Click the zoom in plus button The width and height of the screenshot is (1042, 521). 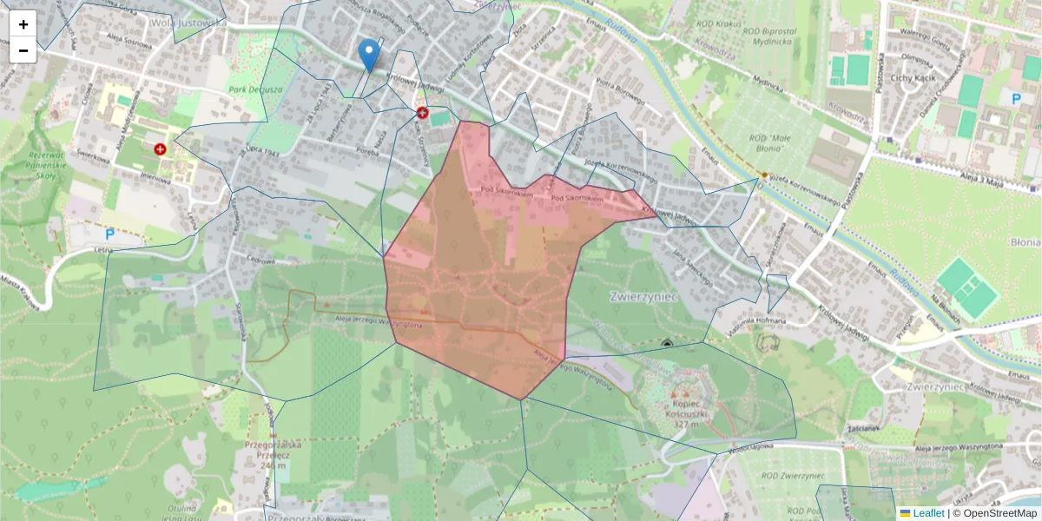click(23, 23)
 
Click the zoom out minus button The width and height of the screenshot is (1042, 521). click(23, 50)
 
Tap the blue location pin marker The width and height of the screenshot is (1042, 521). click(369, 55)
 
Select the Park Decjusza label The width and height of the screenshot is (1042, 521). click(257, 89)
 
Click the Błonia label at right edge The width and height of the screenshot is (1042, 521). click(1024, 243)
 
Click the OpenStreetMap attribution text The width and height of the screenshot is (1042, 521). click(997, 513)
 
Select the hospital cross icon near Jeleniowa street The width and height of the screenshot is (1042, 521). click(160, 149)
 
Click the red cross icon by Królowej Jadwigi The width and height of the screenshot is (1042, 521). click(423, 113)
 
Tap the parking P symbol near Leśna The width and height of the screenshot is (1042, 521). click(110, 234)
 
